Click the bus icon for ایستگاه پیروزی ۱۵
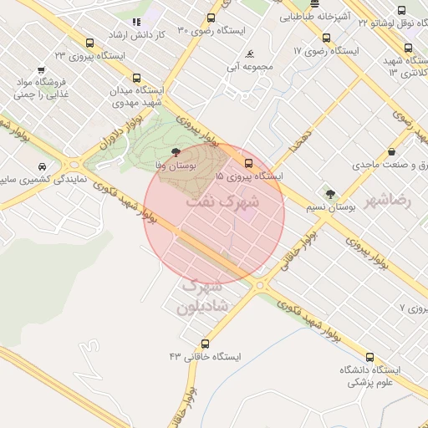click(x=248, y=162)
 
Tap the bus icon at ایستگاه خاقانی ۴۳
click(x=206, y=344)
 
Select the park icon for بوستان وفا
click(x=176, y=152)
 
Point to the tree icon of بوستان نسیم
click(x=330, y=194)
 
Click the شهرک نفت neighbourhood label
click(x=232, y=201)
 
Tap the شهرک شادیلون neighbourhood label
click(x=201, y=296)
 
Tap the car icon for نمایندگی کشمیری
click(x=42, y=166)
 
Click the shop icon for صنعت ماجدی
click(x=391, y=152)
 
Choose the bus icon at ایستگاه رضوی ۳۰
click(x=211, y=18)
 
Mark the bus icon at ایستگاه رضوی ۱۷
click(x=326, y=38)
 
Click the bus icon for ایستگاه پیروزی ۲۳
click(x=89, y=43)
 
